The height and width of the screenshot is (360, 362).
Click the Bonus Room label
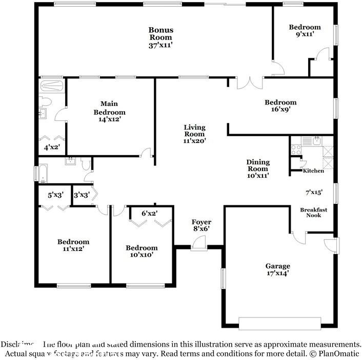(160, 33)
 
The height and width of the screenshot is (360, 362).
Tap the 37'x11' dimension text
(160, 45)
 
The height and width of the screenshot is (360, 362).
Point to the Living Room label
(195, 131)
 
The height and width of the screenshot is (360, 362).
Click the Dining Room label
(258, 165)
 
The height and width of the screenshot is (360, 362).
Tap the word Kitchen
(313, 171)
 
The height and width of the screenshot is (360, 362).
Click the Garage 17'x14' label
(277, 269)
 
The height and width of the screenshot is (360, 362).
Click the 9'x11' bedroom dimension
(305, 35)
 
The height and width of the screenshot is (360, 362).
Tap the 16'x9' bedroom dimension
(280, 109)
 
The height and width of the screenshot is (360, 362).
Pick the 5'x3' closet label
(54, 195)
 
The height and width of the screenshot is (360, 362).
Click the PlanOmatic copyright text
(335, 354)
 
